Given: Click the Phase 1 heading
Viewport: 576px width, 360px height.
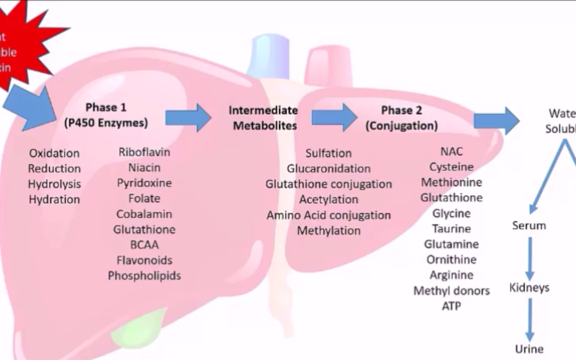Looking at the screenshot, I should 106,115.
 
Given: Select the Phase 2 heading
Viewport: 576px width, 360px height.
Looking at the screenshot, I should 402,118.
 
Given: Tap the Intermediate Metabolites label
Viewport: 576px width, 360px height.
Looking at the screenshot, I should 263,118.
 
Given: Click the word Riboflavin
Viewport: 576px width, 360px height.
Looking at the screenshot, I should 144,152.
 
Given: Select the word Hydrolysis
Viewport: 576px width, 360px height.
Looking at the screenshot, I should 54,184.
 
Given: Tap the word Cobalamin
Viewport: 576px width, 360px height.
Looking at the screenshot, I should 144,214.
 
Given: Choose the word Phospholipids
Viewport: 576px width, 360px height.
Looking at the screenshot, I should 144,276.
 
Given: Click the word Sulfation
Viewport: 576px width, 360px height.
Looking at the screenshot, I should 329,153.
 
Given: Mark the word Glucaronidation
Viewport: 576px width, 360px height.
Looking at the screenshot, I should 329,169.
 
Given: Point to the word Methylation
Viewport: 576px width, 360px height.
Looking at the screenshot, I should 329,231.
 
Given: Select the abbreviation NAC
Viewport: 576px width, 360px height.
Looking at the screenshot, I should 451,151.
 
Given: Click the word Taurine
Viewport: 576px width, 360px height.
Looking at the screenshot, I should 451,229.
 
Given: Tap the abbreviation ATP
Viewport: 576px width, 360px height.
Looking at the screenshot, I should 451,306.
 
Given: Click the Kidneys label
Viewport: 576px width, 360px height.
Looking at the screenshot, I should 529,288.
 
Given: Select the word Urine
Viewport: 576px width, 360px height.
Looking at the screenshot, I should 529,349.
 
